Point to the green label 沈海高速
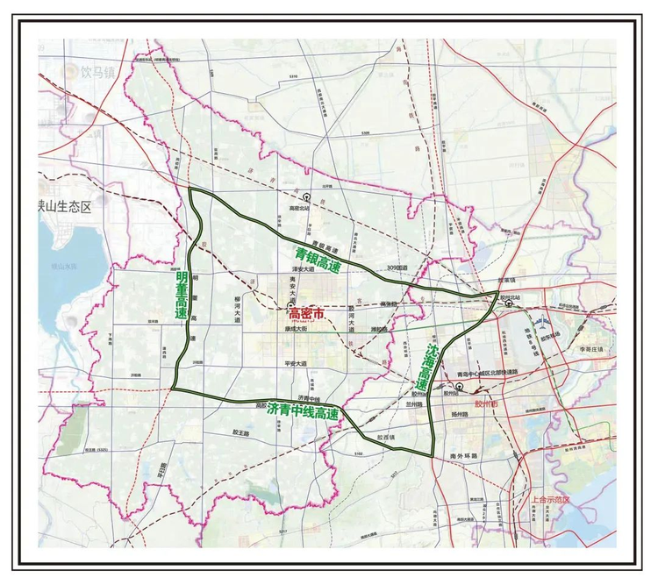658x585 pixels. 427,367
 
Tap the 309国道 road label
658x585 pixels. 397,268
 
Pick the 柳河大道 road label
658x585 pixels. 236,310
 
